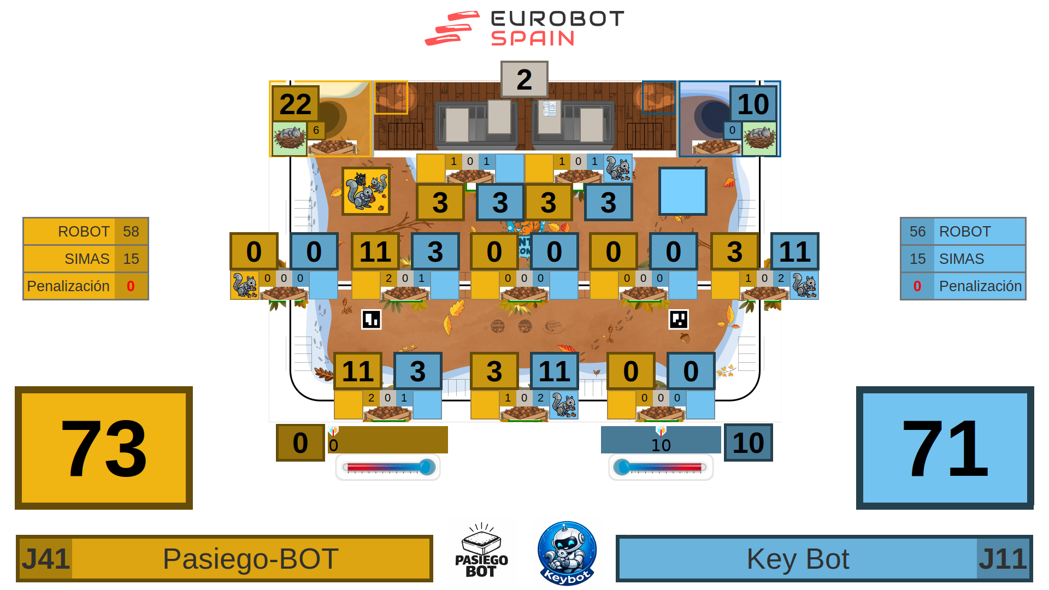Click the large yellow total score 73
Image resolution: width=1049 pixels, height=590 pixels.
click(x=104, y=448)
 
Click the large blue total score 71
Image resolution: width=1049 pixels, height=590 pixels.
click(x=945, y=448)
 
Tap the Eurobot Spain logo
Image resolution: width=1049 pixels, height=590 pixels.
click(x=524, y=28)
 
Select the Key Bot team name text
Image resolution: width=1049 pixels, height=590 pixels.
click(x=798, y=559)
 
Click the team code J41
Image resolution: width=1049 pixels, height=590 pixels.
click(x=45, y=559)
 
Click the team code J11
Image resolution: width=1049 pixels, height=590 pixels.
click(x=1003, y=559)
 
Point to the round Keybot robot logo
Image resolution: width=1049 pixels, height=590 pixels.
click(x=567, y=553)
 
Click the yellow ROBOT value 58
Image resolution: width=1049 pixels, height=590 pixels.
click(x=131, y=232)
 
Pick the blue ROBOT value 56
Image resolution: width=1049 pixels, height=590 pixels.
click(x=917, y=232)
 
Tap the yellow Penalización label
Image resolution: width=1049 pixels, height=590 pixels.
click(x=68, y=286)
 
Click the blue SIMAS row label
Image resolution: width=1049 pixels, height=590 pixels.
click(x=962, y=259)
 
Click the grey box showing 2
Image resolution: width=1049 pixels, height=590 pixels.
click(x=524, y=79)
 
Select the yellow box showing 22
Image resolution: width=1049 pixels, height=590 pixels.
click(x=295, y=104)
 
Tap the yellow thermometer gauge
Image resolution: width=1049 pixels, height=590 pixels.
click(x=388, y=468)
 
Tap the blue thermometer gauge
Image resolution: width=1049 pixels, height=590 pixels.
click(x=661, y=468)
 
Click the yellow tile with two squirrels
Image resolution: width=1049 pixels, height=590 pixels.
click(x=366, y=191)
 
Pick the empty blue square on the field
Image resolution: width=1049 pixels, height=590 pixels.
click(x=682, y=191)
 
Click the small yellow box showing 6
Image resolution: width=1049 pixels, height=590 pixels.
click(x=316, y=131)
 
